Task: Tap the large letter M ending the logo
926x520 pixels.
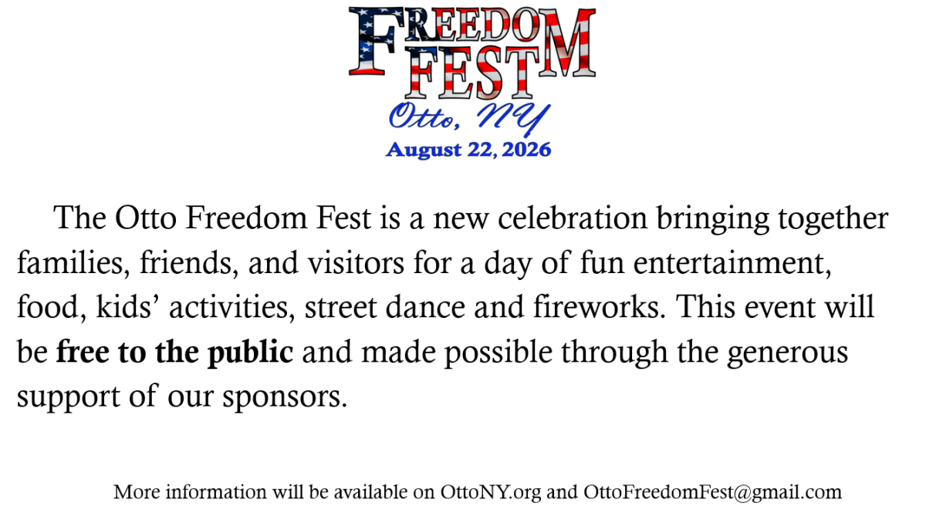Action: (x=567, y=42)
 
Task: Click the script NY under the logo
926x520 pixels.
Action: (x=513, y=119)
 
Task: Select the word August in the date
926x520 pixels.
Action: (x=424, y=150)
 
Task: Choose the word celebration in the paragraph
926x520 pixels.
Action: (x=573, y=218)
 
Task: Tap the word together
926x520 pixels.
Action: (x=833, y=219)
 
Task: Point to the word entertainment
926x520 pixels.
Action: (x=732, y=263)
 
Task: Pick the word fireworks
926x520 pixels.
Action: (x=600, y=307)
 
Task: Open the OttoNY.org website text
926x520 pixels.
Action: (x=491, y=493)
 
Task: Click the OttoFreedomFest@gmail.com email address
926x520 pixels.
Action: (x=713, y=493)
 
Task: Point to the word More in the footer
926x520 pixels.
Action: (x=137, y=492)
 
